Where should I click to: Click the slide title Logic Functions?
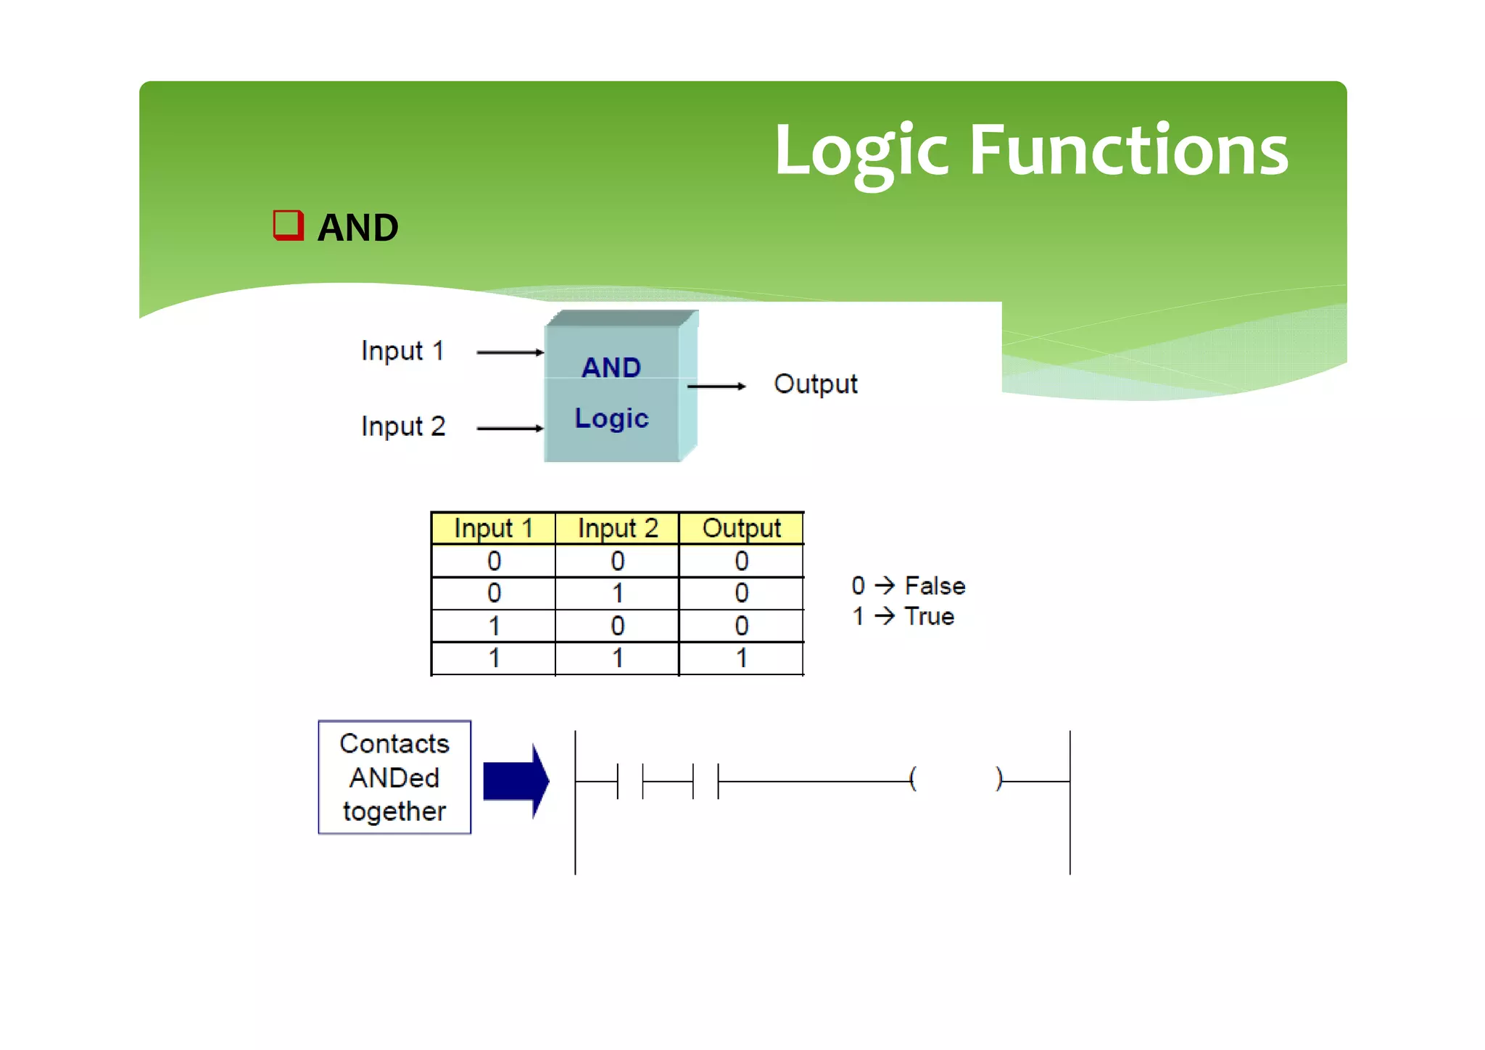pyautogui.click(x=1030, y=151)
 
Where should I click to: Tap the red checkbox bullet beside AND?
pyautogui.click(x=288, y=226)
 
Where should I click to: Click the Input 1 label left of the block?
pyautogui.click(x=402, y=351)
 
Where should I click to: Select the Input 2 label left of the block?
pyautogui.click(x=403, y=426)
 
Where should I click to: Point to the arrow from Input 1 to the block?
pyautogui.click(x=510, y=352)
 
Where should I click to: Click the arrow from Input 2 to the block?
pyautogui.click(x=510, y=429)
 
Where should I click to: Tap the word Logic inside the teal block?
pyautogui.click(x=611, y=418)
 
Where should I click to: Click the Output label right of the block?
pyautogui.click(x=815, y=384)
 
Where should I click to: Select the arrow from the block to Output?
pyautogui.click(x=716, y=386)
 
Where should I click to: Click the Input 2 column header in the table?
pyautogui.click(x=618, y=528)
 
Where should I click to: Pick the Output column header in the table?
pyautogui.click(x=741, y=528)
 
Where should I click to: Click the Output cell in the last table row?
pyautogui.click(x=741, y=658)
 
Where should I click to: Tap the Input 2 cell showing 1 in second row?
pyautogui.click(x=618, y=594)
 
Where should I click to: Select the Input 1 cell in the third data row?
pyautogui.click(x=494, y=626)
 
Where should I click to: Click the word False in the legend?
pyautogui.click(x=935, y=586)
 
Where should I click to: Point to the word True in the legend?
pyautogui.click(x=929, y=616)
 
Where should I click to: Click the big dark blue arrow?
pyautogui.click(x=516, y=781)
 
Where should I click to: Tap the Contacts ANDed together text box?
pyautogui.click(x=394, y=777)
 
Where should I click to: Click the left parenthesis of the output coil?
pyautogui.click(x=913, y=780)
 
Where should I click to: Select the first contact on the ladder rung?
pyautogui.click(x=630, y=781)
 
